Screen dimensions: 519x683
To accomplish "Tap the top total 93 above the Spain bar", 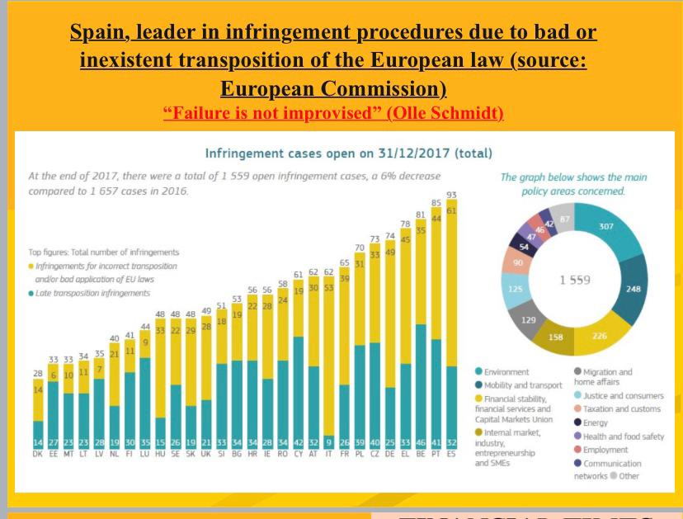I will (x=450, y=195).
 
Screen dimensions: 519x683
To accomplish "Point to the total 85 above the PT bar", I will (x=436, y=202).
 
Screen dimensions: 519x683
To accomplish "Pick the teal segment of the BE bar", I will (x=421, y=380).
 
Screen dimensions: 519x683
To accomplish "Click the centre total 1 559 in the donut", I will (x=575, y=280).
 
